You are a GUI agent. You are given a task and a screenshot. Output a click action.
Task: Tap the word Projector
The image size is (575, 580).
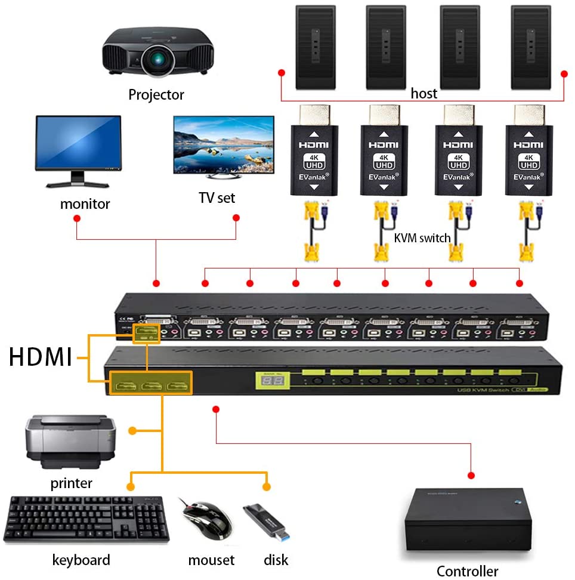[156, 94]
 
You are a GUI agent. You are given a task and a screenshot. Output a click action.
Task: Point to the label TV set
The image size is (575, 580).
[217, 198]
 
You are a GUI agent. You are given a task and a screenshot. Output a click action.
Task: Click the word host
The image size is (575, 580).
[423, 94]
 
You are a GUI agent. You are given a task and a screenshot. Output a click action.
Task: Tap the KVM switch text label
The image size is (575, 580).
[422, 238]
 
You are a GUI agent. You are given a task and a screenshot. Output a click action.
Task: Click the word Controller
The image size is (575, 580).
[467, 571]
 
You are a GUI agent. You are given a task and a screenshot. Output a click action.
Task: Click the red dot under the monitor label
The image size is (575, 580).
[76, 218]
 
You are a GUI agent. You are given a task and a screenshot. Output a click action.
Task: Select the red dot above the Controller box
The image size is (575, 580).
[471, 475]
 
